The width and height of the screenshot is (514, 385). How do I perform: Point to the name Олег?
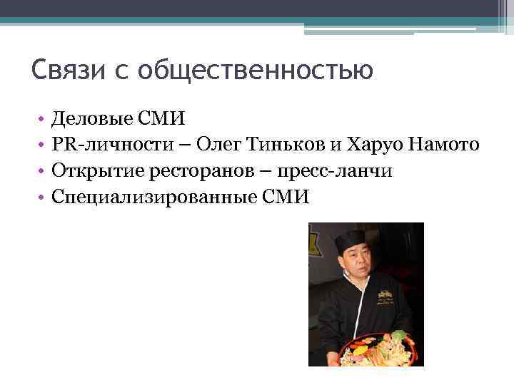220,146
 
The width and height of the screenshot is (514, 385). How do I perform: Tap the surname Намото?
444,146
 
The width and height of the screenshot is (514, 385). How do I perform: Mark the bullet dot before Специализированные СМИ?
42,197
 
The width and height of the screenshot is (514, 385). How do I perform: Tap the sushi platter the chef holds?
374,349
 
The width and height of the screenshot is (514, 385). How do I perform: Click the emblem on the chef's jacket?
388,294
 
